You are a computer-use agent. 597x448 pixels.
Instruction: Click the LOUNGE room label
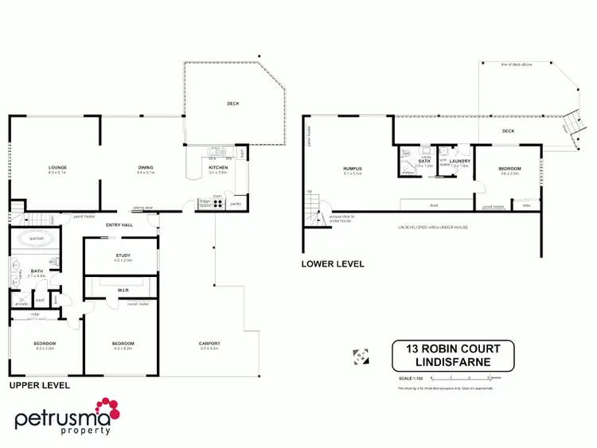pyautogui.click(x=55, y=168)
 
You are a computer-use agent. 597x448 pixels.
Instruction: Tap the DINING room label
pyautogui.click(x=144, y=168)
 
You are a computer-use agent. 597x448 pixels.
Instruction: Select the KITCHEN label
pyautogui.click(x=218, y=168)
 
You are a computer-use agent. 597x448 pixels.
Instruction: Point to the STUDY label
pyautogui.click(x=122, y=255)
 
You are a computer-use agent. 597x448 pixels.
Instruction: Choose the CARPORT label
pyautogui.click(x=209, y=344)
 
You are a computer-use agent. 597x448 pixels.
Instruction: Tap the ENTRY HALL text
pyautogui.click(x=119, y=225)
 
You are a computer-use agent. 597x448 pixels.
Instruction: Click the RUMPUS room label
pyautogui.click(x=353, y=169)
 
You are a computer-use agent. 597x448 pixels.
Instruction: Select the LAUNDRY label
pyautogui.click(x=459, y=162)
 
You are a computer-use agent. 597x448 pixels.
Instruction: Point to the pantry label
pyautogui.click(x=236, y=205)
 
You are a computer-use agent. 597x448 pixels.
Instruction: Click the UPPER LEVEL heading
pyautogui.click(x=39, y=385)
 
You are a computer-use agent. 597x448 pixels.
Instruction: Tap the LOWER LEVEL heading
pyautogui.click(x=333, y=263)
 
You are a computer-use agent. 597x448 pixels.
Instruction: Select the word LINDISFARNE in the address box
pyautogui.click(x=453, y=362)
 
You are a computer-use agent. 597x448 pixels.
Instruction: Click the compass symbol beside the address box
pyautogui.click(x=360, y=356)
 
